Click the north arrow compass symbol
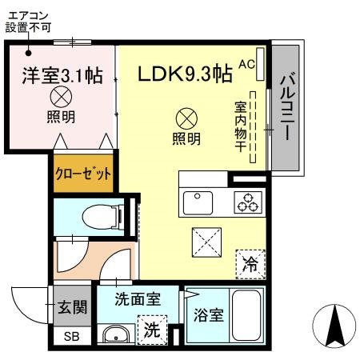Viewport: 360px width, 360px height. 334,326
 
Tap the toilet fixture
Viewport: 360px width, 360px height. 103,217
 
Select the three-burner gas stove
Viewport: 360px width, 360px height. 248,202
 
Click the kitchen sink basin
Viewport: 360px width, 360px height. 198,202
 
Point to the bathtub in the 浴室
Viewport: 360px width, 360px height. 246,315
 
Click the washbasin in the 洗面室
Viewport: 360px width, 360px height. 116,335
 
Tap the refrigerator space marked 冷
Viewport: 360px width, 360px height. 250,264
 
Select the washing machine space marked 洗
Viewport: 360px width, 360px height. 152,330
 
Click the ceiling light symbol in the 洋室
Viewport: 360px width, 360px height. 61,97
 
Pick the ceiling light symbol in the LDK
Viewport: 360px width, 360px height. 186,118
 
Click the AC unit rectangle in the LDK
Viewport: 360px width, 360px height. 260,64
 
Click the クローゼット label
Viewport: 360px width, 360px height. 83,174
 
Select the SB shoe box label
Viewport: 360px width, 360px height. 71,337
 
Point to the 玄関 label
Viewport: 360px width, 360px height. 73,307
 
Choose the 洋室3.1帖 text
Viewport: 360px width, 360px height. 62,76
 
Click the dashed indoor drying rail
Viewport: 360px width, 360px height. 253,127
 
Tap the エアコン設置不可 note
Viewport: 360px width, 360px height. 28,22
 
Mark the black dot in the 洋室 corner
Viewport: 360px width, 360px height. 29,53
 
